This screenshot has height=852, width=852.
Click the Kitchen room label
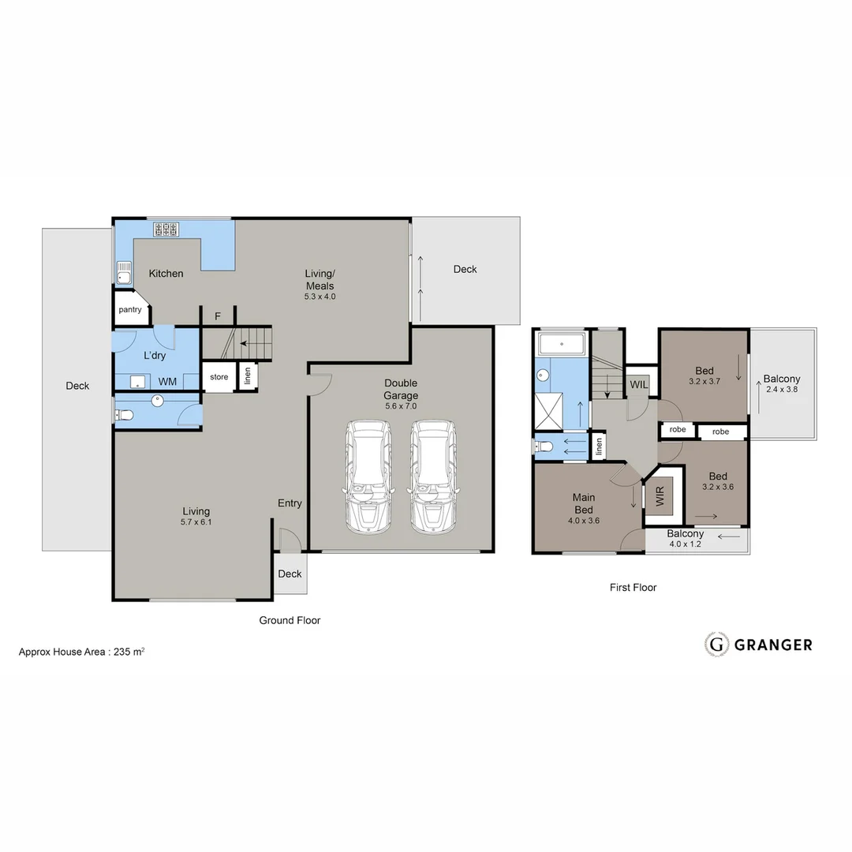[166, 274]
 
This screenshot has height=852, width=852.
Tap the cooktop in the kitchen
[166, 229]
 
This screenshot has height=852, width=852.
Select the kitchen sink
[124, 273]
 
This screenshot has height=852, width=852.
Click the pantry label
[130, 310]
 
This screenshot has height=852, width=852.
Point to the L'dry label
[154, 356]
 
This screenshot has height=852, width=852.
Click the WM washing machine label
[167, 382]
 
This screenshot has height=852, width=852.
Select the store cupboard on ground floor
[219, 377]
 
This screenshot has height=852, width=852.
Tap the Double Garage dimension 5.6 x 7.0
[401, 406]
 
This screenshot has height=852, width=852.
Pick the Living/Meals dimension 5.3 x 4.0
[320, 297]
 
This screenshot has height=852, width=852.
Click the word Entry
[290, 503]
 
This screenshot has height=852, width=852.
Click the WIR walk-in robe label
[660, 497]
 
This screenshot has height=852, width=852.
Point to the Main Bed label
[584, 503]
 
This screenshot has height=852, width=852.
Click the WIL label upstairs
[638, 385]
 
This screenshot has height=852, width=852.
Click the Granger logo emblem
[716, 645]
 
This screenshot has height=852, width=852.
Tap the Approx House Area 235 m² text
[81, 652]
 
